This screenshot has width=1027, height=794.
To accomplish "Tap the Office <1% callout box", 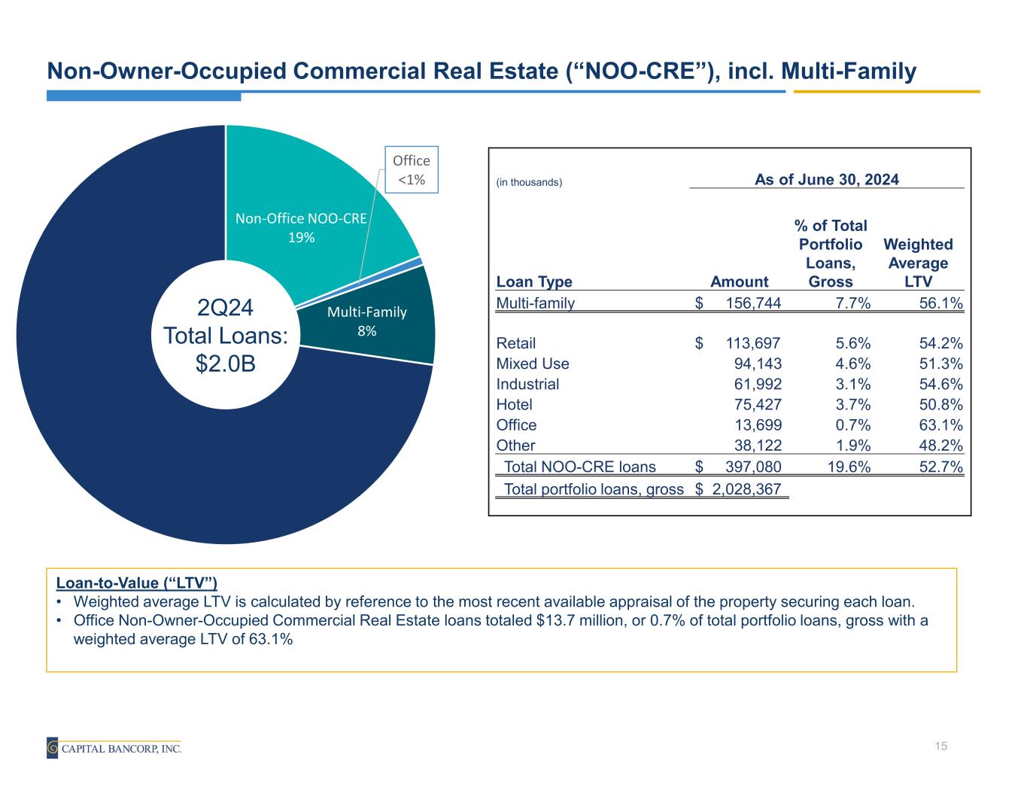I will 411,170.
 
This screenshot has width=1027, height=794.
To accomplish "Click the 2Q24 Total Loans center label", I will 226,336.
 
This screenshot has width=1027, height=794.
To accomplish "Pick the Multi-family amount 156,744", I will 752,303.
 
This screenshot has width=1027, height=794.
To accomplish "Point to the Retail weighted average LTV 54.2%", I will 940,343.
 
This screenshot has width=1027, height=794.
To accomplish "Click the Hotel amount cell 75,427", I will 758,404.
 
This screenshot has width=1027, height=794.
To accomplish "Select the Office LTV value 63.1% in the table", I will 940,424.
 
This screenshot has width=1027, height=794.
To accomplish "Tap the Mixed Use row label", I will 533,364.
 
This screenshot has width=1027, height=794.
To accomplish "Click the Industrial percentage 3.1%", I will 853,384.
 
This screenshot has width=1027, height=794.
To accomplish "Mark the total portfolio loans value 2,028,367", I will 746,489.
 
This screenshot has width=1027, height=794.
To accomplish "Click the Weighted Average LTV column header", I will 918,263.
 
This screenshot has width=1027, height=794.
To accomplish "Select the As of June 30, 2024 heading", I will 827,179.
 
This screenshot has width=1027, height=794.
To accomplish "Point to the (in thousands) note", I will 529,182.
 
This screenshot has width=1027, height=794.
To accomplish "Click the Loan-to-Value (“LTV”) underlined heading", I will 137,583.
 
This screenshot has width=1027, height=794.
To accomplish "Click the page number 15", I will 940,746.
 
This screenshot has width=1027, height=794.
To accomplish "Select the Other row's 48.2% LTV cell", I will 940,445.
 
